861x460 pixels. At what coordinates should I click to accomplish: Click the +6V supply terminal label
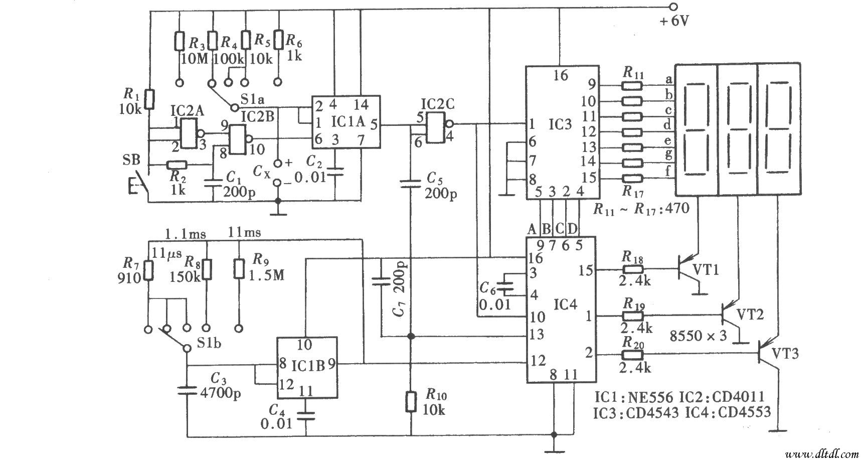point(673,21)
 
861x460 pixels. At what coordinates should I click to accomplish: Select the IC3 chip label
point(560,124)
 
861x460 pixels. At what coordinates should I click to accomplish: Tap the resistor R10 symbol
point(411,402)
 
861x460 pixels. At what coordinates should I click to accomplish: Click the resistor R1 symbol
point(149,99)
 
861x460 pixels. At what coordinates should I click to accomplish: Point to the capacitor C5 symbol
point(411,184)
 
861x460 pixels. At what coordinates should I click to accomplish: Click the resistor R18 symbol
point(632,270)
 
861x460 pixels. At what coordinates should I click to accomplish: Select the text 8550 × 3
point(699,336)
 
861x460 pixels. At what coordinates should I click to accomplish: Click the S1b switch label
point(208,344)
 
